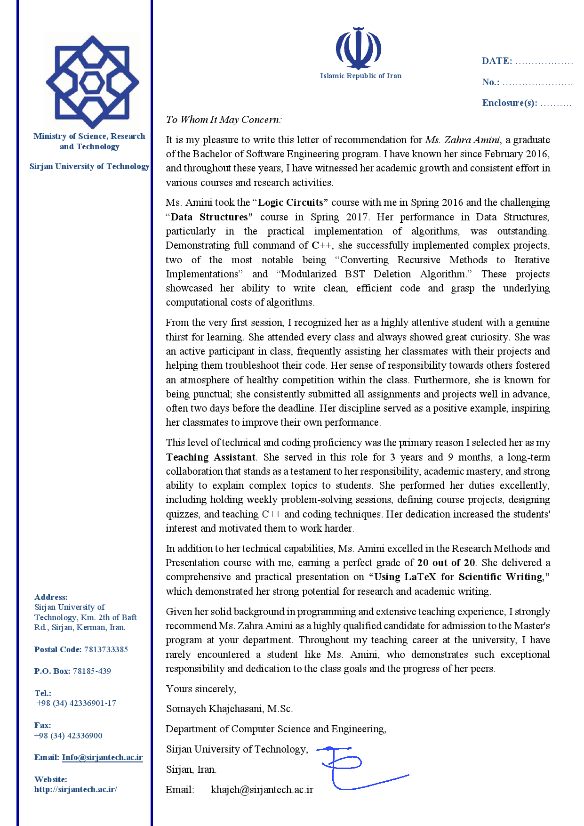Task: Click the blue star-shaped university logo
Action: coord(92,82)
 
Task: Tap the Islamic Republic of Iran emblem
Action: coord(359,49)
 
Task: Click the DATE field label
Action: coord(496,61)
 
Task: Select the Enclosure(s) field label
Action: coord(510,103)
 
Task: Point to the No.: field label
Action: coord(490,82)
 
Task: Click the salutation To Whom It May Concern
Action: coord(224,120)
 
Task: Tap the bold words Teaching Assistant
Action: coord(211,457)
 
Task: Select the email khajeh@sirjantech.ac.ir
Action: coord(262,790)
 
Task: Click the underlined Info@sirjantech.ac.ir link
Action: coord(102,757)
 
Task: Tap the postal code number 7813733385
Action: coord(106,649)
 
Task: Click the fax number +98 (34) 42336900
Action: coord(68,736)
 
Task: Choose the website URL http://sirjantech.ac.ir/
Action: coord(75,789)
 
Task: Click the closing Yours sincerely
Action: coord(201,689)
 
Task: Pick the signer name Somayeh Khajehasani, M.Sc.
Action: coord(229,709)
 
